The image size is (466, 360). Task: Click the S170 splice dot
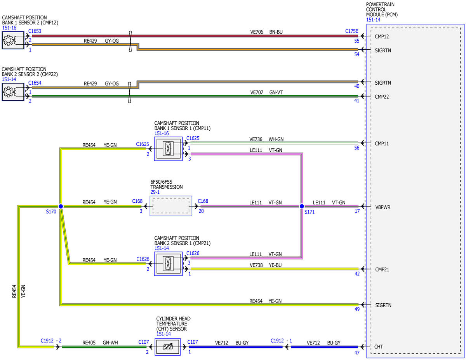(x=61, y=206)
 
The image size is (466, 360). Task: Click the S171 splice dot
(x=302, y=206)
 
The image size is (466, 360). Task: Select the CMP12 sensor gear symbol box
(x=13, y=40)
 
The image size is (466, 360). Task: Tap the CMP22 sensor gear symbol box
(x=13, y=92)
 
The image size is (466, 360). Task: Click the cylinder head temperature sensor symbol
(x=168, y=347)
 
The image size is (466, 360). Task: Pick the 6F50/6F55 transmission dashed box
(x=171, y=206)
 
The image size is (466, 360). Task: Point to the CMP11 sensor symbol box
(x=169, y=149)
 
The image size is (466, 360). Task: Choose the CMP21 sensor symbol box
(x=169, y=264)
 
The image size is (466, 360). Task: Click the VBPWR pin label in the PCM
(x=383, y=207)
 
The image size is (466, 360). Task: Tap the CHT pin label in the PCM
(x=379, y=347)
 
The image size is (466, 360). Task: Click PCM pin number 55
(x=356, y=41)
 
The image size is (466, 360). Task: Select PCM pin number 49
(x=357, y=309)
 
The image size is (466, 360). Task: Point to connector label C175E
(x=352, y=31)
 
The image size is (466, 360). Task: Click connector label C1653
(x=35, y=31)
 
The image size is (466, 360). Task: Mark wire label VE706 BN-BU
(x=266, y=32)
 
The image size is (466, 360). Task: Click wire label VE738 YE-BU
(x=266, y=265)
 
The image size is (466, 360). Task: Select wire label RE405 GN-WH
(x=100, y=343)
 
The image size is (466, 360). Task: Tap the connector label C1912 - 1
(x=282, y=341)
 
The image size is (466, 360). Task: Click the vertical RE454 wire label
(x=14, y=291)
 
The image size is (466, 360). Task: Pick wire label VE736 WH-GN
(x=266, y=139)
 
